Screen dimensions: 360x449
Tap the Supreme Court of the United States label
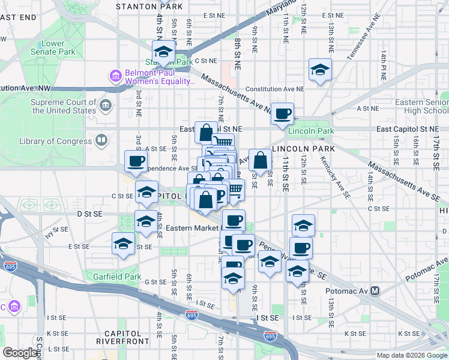pos(63,106)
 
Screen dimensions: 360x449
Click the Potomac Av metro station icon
pos(375,291)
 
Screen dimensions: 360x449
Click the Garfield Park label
pos(116,277)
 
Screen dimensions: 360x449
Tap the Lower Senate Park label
pos(53,47)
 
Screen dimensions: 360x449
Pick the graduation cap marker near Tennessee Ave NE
pos(320,70)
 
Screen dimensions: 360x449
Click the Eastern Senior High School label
pos(421,106)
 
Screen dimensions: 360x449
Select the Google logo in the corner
pos(20,353)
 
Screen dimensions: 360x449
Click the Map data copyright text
pos(411,355)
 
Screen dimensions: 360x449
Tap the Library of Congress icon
pos(101,142)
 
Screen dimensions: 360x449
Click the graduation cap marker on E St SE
pos(123,244)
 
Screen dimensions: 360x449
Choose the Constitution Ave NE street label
pos(275,89)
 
